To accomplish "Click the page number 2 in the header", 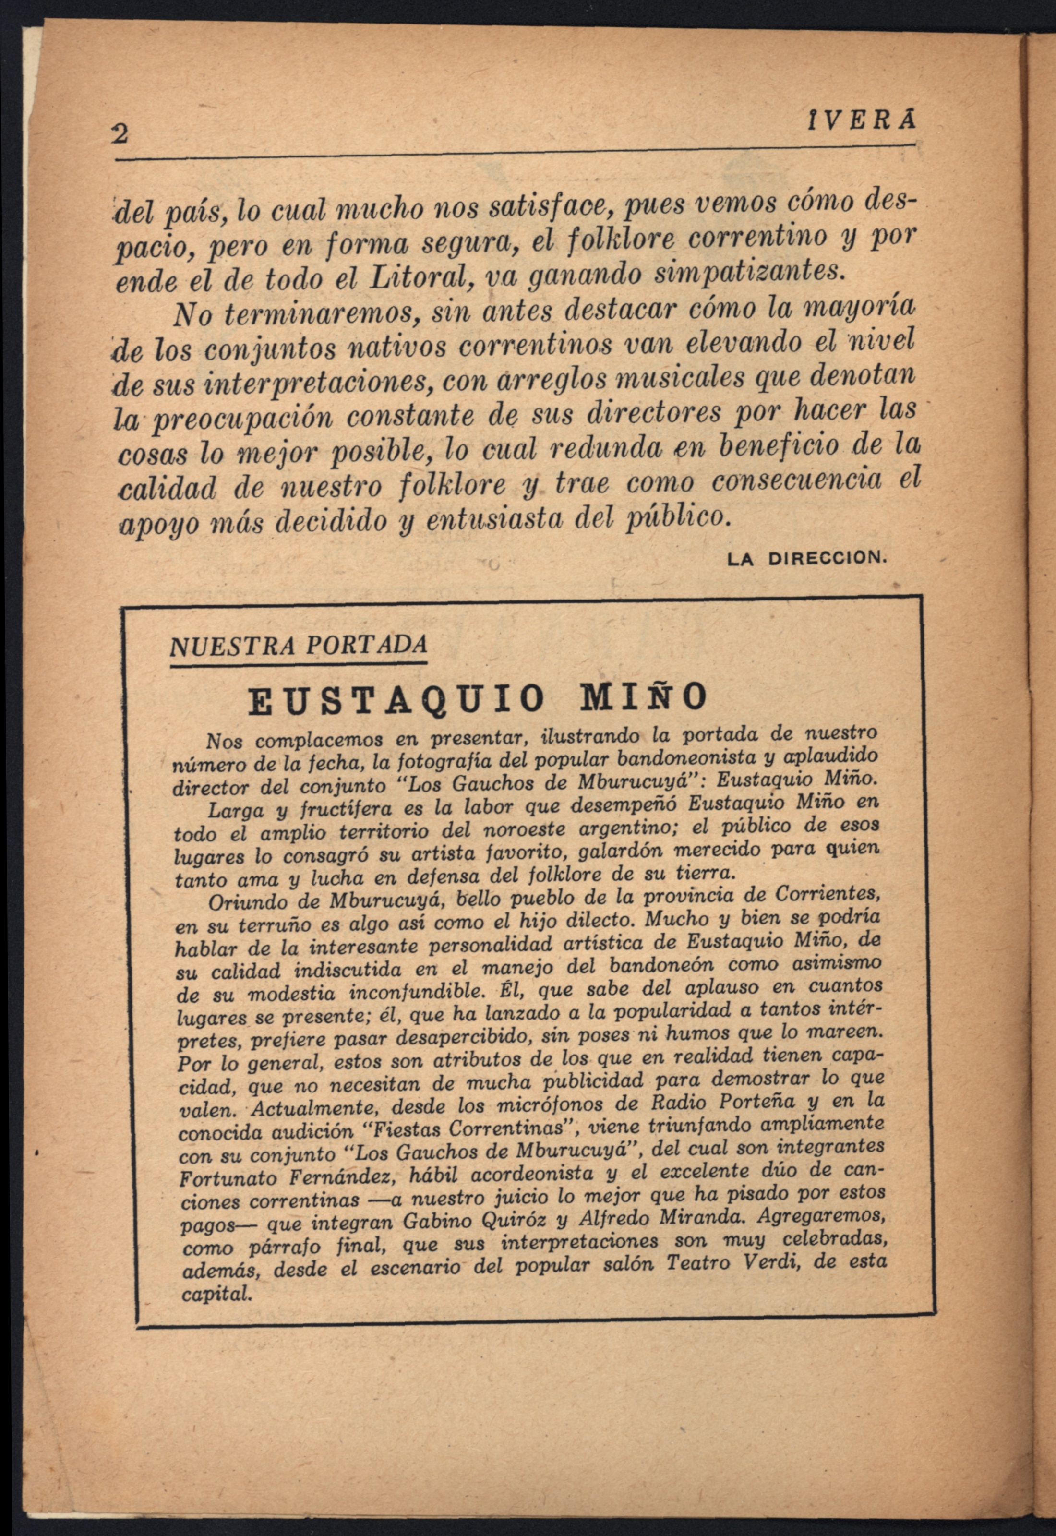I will click(120, 134).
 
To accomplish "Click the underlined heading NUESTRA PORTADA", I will click(298, 645).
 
